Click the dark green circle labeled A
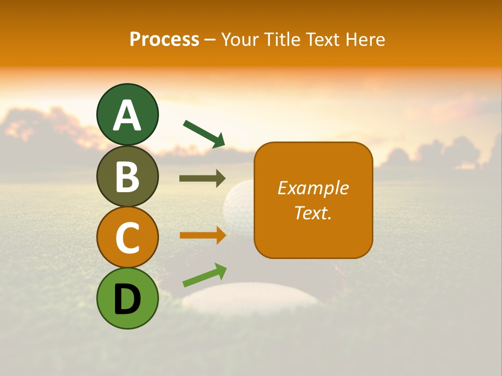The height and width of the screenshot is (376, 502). click(x=127, y=114)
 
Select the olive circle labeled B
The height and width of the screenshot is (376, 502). click(x=127, y=176)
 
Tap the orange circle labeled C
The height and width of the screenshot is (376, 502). click(x=127, y=237)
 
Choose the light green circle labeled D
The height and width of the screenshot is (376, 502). click(x=127, y=298)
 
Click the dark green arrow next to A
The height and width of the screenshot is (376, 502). click(x=204, y=133)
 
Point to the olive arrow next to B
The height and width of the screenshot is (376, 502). click(x=202, y=178)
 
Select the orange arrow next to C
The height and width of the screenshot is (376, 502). click(x=202, y=235)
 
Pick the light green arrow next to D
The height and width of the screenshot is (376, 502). click(x=204, y=275)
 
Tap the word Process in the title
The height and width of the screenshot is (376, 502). click(x=164, y=39)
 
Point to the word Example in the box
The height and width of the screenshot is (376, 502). click(x=313, y=188)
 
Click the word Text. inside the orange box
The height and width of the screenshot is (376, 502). click(x=313, y=213)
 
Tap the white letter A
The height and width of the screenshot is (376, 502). click(x=127, y=115)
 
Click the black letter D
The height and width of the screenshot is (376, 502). click(x=127, y=299)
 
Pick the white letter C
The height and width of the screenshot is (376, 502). click(x=127, y=238)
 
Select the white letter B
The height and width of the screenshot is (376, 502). click(x=127, y=177)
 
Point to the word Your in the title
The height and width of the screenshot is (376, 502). click(x=239, y=39)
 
